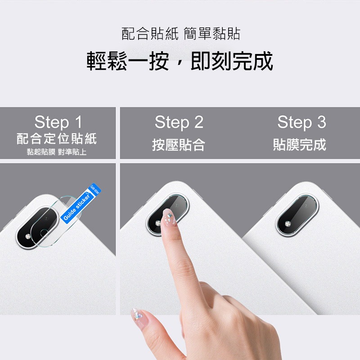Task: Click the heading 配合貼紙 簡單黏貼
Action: (181, 33)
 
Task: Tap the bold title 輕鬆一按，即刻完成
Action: (180, 61)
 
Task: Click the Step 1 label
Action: (58, 122)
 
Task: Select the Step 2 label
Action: (179, 122)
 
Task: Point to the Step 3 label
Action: (301, 122)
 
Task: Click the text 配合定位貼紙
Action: (57, 139)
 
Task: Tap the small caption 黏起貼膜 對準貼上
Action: (57, 152)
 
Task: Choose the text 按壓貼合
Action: (179, 145)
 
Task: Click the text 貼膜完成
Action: (300, 145)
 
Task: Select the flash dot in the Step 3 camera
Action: (286, 222)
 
